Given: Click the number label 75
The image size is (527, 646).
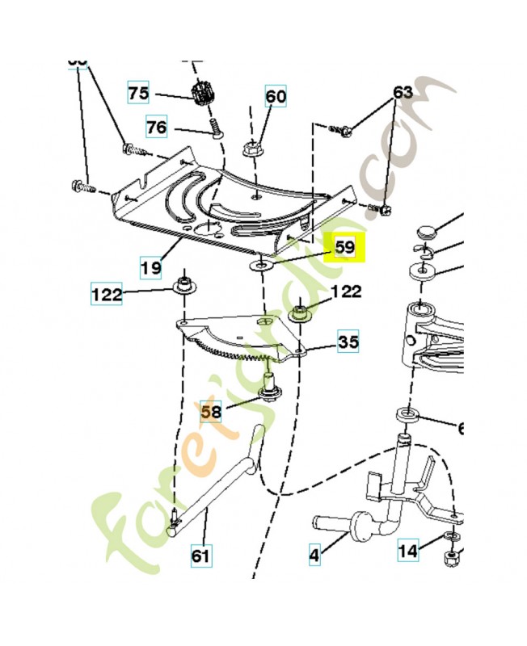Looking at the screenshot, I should [139, 94].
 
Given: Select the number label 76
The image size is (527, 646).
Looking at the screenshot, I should [157, 127].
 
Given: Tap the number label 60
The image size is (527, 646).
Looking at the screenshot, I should [276, 97].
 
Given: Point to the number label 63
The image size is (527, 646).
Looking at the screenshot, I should [403, 93].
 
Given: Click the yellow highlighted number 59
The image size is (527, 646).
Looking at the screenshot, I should [345, 246].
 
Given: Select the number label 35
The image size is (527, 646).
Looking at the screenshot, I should [348, 342].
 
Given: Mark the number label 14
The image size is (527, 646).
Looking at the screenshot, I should [409, 552].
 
